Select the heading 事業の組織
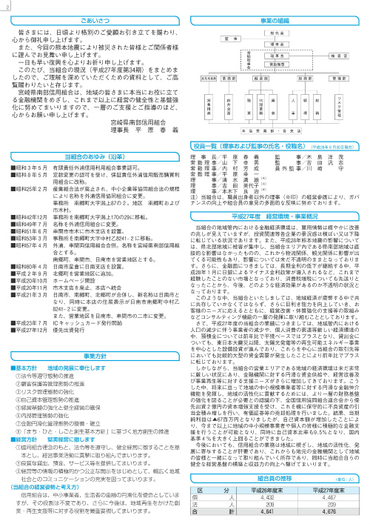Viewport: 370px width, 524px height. pyautogui.click(x=278, y=21)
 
